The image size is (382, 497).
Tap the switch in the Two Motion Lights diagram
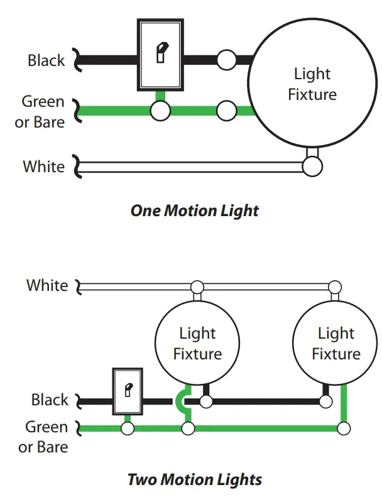[128, 391]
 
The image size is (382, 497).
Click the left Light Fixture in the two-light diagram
[197, 343]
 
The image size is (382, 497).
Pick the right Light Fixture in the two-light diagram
[336, 343]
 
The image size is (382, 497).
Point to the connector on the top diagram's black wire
[226, 60]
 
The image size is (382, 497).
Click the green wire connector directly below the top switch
[160, 111]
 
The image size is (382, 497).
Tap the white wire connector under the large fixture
[312, 167]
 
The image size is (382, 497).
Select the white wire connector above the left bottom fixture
[197, 287]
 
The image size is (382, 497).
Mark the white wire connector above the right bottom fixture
[336, 287]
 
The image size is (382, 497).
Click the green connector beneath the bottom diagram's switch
[128, 429]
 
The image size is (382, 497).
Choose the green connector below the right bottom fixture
[343, 429]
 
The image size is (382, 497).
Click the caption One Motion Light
[194, 210]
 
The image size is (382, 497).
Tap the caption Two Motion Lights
[194, 480]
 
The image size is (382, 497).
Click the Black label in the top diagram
[46, 60]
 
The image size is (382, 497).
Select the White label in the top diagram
[43, 167]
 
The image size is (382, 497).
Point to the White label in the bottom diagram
[46, 285]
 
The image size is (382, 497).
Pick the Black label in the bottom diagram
[50, 400]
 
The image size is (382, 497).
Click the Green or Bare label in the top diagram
[40, 111]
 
